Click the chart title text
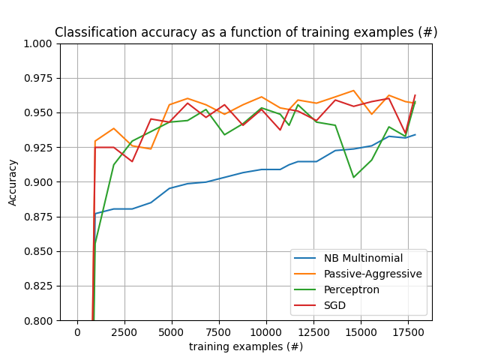(x=246, y=33)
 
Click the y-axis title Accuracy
(x=13, y=182)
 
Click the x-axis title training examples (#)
(x=246, y=346)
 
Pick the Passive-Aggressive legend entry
(x=373, y=274)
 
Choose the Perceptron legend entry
(x=352, y=289)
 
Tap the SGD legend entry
(x=334, y=305)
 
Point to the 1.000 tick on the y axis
(x=39, y=43)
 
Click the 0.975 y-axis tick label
(x=39, y=78)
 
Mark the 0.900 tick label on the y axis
(x=39, y=182)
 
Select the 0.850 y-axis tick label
(x=39, y=251)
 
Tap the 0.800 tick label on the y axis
(x=39, y=320)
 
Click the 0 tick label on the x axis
(x=77, y=332)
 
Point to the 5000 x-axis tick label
(x=172, y=332)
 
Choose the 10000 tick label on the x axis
(x=266, y=332)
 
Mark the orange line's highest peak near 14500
(x=353, y=91)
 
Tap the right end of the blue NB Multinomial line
(x=415, y=135)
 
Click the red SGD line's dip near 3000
(x=132, y=161)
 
